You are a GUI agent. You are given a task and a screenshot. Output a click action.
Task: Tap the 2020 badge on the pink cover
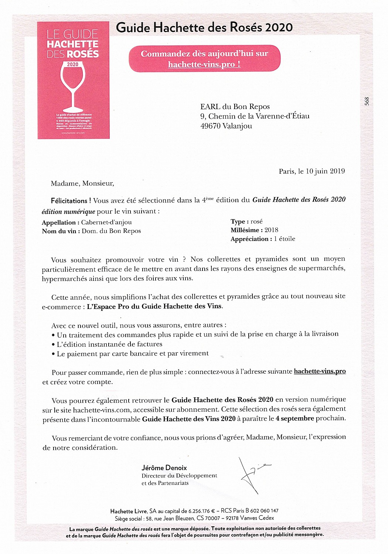(72, 64)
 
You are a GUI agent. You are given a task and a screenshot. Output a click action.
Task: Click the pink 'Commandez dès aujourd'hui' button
(204, 58)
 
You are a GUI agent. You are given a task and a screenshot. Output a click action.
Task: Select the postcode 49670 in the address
(210, 126)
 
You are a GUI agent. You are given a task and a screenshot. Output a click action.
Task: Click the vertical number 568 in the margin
(367, 101)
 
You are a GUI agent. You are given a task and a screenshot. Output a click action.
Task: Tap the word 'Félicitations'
(69, 201)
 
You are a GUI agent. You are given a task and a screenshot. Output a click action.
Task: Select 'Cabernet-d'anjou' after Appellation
(106, 222)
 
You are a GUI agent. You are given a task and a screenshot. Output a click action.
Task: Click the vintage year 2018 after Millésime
(271, 230)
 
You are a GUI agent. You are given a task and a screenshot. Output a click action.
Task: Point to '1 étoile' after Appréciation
(285, 239)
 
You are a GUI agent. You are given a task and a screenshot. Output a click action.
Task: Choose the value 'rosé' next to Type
(256, 221)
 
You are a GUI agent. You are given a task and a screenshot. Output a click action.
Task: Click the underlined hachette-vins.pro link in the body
(320, 371)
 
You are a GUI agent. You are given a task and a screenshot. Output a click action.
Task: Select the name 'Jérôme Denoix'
(164, 468)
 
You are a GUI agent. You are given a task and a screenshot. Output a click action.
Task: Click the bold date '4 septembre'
(295, 418)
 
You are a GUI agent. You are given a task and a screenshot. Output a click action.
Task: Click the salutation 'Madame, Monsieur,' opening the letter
(82, 183)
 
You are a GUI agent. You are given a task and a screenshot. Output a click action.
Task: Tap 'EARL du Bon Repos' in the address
(235, 107)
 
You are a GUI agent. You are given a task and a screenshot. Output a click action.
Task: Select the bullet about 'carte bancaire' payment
(132, 354)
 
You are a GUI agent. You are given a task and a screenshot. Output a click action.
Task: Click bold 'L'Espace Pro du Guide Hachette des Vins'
(154, 306)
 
